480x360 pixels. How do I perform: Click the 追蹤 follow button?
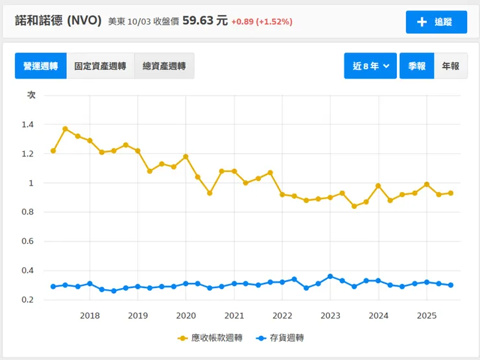coord(436,22)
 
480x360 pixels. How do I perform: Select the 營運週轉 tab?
coord(41,66)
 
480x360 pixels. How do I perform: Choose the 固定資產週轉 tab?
coord(100,66)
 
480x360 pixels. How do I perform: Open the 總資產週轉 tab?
coord(163,66)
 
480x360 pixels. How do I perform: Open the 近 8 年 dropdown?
coord(370,66)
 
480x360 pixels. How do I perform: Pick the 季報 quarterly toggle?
coord(416,66)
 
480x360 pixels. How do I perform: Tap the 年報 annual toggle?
coord(450,66)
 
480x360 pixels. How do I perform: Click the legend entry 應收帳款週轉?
coord(210,338)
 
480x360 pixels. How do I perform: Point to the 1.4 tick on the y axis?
coord(30,125)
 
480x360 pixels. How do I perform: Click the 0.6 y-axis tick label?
coord(30,241)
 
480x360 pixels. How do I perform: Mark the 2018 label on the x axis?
coord(90,316)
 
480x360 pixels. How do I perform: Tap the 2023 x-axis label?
coord(330,316)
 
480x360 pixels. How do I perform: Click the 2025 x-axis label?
coord(426,316)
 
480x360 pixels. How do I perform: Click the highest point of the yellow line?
coord(66,129)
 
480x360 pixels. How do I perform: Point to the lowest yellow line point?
coord(354,206)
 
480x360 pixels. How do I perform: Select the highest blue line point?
coord(330,276)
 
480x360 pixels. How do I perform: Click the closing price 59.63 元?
coord(205,21)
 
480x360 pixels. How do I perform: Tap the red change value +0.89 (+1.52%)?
coord(262,21)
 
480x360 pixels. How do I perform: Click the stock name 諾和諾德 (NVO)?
coord(58,21)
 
